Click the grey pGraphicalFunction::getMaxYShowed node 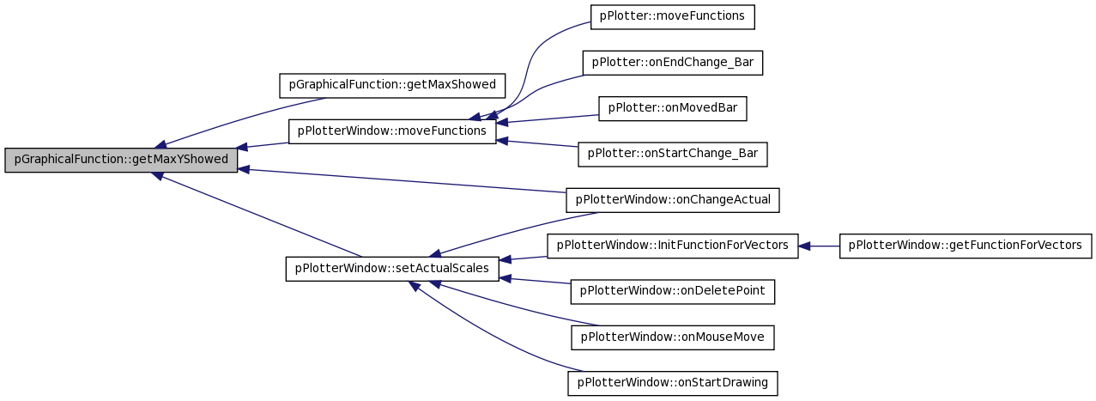pos(121,160)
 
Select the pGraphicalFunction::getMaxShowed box pos(392,86)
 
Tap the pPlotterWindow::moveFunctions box pos(392,131)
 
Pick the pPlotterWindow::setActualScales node pos(392,269)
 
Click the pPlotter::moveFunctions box pos(672,17)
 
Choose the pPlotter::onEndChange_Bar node pos(672,63)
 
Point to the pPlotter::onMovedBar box pos(672,109)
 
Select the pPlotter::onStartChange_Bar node pos(672,155)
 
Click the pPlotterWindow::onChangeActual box pos(672,200)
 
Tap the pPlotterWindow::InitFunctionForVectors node pos(672,246)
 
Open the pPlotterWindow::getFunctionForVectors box pos(966,246)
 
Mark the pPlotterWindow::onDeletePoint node pos(672,292)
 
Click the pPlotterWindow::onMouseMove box pos(672,337)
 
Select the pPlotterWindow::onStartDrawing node pos(672,383)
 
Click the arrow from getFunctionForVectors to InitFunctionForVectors pos(819,246)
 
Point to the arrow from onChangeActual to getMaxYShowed pos(402,180)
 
